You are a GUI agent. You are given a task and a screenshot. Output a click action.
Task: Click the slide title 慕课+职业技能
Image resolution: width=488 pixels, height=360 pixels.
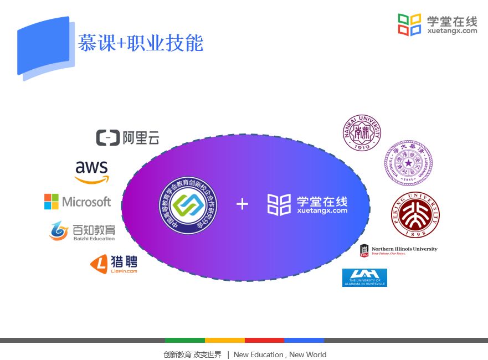click(x=140, y=43)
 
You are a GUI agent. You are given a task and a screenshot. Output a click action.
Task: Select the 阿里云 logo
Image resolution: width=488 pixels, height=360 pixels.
click(x=127, y=137)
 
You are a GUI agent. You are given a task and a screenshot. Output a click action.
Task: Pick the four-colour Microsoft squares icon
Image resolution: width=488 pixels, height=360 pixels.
click(x=52, y=202)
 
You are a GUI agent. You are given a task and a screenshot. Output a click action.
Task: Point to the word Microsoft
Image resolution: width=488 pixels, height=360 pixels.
click(x=86, y=202)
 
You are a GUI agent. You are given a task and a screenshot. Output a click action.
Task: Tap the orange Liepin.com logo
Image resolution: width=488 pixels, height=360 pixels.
click(x=114, y=264)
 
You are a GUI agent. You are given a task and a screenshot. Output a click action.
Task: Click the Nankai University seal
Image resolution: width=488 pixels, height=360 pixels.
click(x=362, y=132)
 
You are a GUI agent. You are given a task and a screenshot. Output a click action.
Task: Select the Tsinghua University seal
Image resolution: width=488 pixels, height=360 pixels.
click(x=408, y=163)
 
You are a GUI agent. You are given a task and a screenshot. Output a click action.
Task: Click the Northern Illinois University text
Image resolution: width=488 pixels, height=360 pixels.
click(x=404, y=249)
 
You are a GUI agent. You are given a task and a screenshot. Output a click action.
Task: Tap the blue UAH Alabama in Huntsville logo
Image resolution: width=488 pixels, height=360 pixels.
click(x=364, y=277)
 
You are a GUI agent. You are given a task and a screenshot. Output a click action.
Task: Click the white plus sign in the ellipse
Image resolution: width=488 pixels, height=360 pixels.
click(x=242, y=204)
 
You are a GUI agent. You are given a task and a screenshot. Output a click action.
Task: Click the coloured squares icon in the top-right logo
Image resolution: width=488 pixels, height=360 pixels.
click(x=409, y=24)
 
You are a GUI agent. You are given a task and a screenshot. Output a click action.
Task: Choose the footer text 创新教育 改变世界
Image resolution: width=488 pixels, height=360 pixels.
click(x=192, y=354)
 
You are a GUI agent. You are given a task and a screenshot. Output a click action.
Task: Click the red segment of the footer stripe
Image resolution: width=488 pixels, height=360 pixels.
click(x=264, y=340)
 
